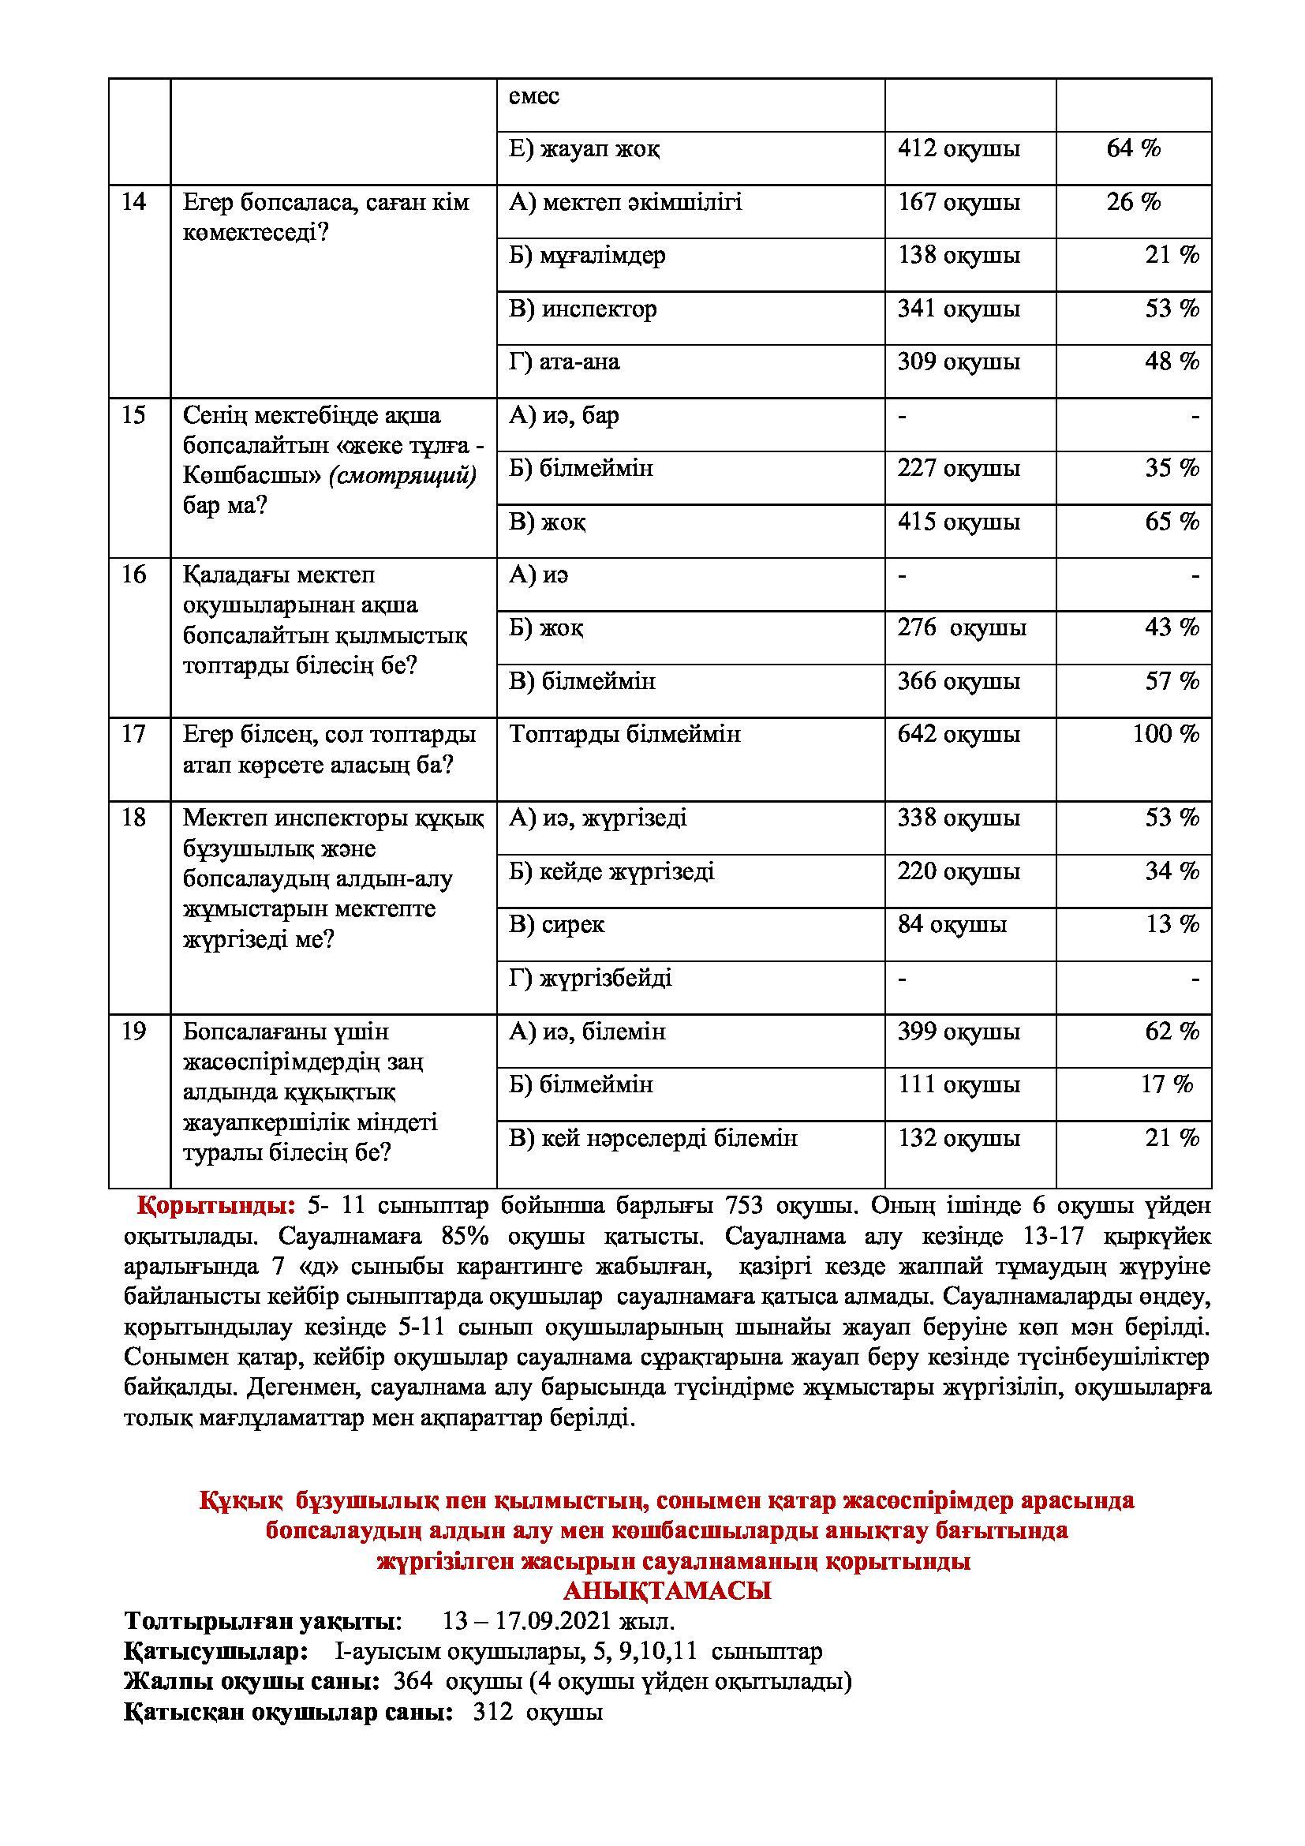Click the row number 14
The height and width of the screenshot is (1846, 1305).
point(134,202)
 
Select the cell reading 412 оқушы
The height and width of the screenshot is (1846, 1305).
point(959,148)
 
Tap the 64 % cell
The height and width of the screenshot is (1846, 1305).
point(1133,148)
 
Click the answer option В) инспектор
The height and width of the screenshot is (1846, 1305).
point(582,309)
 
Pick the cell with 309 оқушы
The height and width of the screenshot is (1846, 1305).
point(959,361)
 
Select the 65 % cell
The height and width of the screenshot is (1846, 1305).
point(1172,522)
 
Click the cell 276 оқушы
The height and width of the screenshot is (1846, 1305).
point(962,628)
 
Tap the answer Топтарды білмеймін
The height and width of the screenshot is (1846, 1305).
point(624,734)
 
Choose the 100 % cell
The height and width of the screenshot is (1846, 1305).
point(1165,734)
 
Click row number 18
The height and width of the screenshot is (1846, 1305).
point(134,818)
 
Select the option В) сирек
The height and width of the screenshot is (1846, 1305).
point(556,925)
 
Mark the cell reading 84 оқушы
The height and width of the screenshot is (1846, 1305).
point(952,925)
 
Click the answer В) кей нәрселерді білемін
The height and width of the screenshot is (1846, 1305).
point(652,1139)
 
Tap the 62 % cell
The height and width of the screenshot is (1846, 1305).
point(1172,1032)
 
